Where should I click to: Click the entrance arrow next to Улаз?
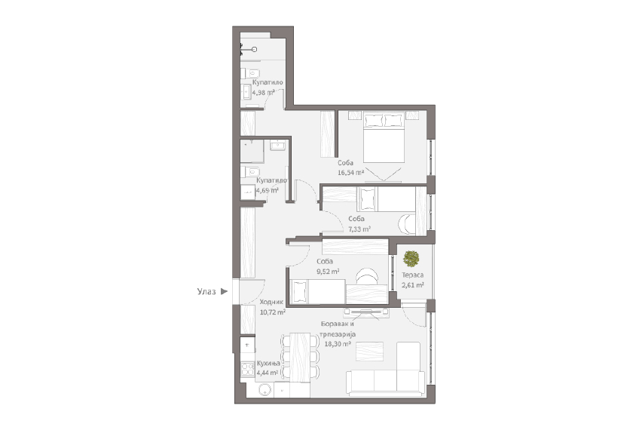pyautogui.click(x=225, y=291)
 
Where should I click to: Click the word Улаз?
pyautogui.click(x=206, y=291)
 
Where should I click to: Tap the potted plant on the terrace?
pyautogui.click(x=411, y=259)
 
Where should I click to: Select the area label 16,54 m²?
pyautogui.click(x=351, y=173)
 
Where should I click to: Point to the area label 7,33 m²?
pyautogui.click(x=359, y=229)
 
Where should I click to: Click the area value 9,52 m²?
pyautogui.click(x=328, y=272)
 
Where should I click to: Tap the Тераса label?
pyautogui.click(x=413, y=275)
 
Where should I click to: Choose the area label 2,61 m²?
pyautogui.click(x=413, y=285)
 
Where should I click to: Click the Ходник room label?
pyautogui.click(x=271, y=302)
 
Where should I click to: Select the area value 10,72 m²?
pyautogui.click(x=273, y=312)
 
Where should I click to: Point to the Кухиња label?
pyautogui.click(x=268, y=364)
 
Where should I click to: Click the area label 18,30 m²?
pyautogui.click(x=338, y=344)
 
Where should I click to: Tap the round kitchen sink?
pyautogui.click(x=265, y=390)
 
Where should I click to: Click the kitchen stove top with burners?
pyautogui.click(x=247, y=369)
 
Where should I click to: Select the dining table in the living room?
pyautogui.click(x=300, y=356)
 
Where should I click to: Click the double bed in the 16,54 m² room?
pyautogui.click(x=384, y=137)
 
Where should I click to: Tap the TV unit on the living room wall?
pyautogui.click(x=366, y=312)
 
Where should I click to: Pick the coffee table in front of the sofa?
pyautogui.click(x=369, y=352)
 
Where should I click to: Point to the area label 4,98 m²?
pyautogui.click(x=264, y=93)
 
